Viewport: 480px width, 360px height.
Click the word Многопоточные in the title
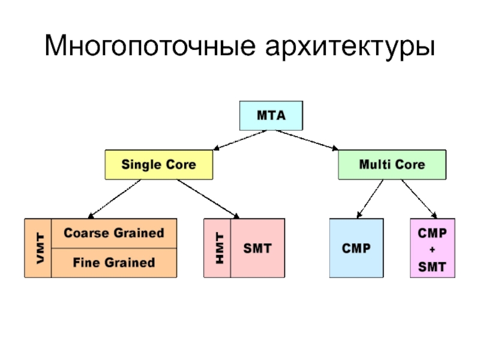tap(150, 46)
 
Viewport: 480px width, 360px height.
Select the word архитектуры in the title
tap(350, 48)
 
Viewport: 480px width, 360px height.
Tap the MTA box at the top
tap(271, 116)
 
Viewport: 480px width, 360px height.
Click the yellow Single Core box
tap(159, 164)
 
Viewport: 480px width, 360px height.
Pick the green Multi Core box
tap(392, 164)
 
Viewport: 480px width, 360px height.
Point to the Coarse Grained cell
tap(114, 233)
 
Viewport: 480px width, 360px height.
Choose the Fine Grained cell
tap(114, 263)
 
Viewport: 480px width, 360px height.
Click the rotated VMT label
tap(40, 248)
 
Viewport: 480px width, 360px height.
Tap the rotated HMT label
tap(220, 248)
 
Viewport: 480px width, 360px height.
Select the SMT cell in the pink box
tap(257, 248)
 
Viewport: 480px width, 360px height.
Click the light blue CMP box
tap(356, 248)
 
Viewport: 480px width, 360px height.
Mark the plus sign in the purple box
tap(432, 250)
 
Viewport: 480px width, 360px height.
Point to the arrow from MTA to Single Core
tap(240, 140)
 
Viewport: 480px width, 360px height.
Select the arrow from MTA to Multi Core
tap(307, 140)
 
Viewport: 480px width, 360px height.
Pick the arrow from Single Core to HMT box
tap(208, 199)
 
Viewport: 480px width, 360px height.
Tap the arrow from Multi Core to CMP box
tap(370, 199)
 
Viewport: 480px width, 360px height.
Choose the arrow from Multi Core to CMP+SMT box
tap(419, 199)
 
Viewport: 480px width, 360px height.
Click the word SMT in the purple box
tap(432, 267)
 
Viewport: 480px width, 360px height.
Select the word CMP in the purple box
tap(432, 233)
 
